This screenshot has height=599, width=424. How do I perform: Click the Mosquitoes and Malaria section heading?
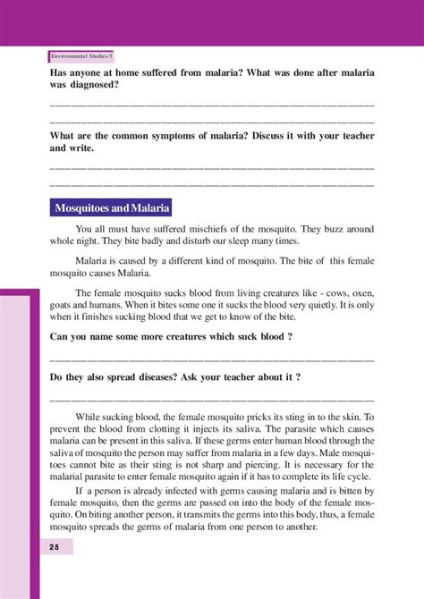[x=112, y=208]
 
